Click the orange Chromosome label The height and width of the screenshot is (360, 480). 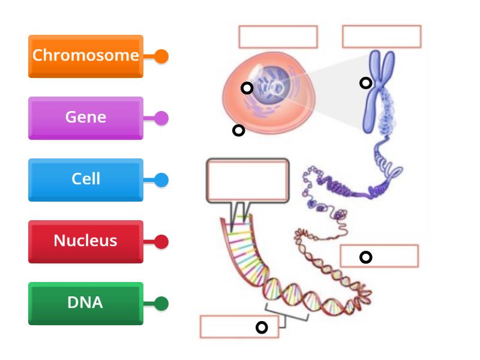tap(86, 56)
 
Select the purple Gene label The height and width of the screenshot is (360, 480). tap(86, 118)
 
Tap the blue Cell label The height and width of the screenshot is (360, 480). tap(86, 179)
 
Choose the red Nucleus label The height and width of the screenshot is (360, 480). tap(86, 241)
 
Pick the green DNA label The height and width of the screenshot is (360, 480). tap(86, 303)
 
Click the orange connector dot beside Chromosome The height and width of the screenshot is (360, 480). tap(161, 56)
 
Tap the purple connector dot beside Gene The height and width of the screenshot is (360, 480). tap(161, 118)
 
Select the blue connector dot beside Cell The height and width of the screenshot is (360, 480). tap(161, 180)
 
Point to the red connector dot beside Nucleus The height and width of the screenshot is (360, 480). tap(161, 242)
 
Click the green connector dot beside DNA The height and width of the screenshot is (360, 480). tap(161, 304)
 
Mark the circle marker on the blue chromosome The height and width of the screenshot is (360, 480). tap(365, 83)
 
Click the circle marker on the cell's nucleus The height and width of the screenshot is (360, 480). tap(247, 88)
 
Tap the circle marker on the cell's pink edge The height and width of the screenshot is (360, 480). tap(238, 130)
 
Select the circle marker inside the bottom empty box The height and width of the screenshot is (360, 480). tap(262, 327)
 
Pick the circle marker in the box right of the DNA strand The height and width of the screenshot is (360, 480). tap(365, 257)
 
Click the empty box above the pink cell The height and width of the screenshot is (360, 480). tap(278, 37)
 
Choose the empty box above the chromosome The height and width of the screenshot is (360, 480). tap(382, 36)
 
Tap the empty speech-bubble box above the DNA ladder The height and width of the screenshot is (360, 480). tap(247, 180)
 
